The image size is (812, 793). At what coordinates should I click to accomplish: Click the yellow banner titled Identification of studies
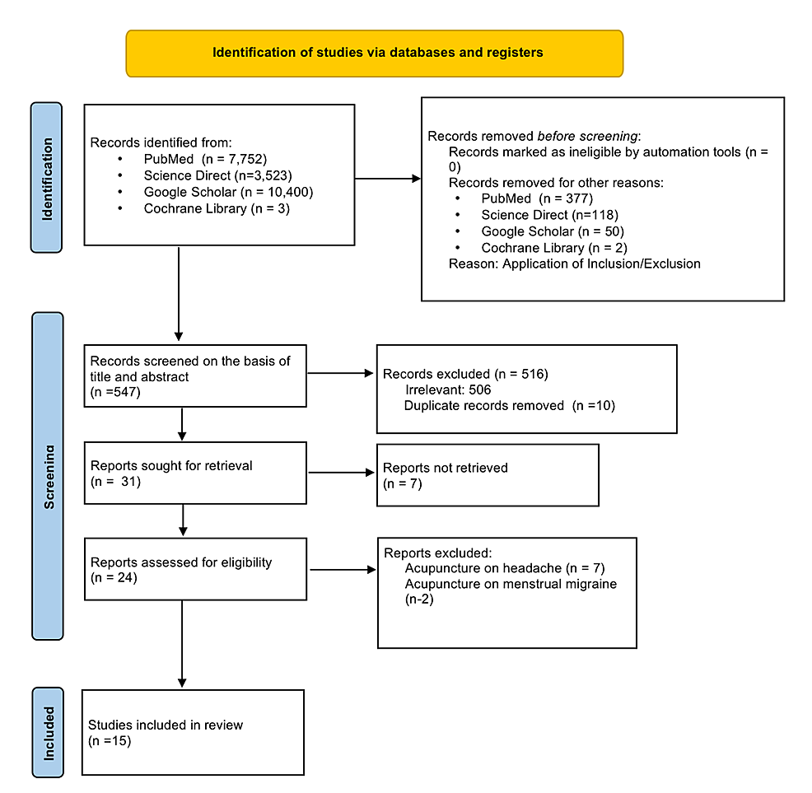(x=374, y=54)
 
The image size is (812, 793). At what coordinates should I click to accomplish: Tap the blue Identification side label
(x=47, y=177)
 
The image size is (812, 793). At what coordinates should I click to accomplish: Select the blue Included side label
(x=47, y=732)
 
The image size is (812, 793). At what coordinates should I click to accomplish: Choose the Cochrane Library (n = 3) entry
(x=217, y=208)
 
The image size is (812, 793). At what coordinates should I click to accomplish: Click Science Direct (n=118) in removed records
(x=540, y=215)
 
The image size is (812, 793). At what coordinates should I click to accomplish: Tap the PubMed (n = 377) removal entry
(x=537, y=198)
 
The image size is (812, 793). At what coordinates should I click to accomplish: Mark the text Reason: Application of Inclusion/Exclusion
(x=575, y=264)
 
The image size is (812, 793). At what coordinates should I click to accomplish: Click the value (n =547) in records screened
(x=116, y=392)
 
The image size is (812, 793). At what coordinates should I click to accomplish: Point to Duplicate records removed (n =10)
(x=509, y=405)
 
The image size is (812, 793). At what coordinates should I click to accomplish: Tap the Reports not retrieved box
(x=487, y=475)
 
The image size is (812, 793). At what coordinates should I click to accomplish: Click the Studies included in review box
(x=193, y=732)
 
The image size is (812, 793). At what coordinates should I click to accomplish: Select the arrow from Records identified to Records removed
(x=387, y=176)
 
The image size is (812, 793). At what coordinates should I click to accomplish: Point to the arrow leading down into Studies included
(x=179, y=642)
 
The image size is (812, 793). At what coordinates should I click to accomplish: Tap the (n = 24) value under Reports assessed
(x=114, y=578)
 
